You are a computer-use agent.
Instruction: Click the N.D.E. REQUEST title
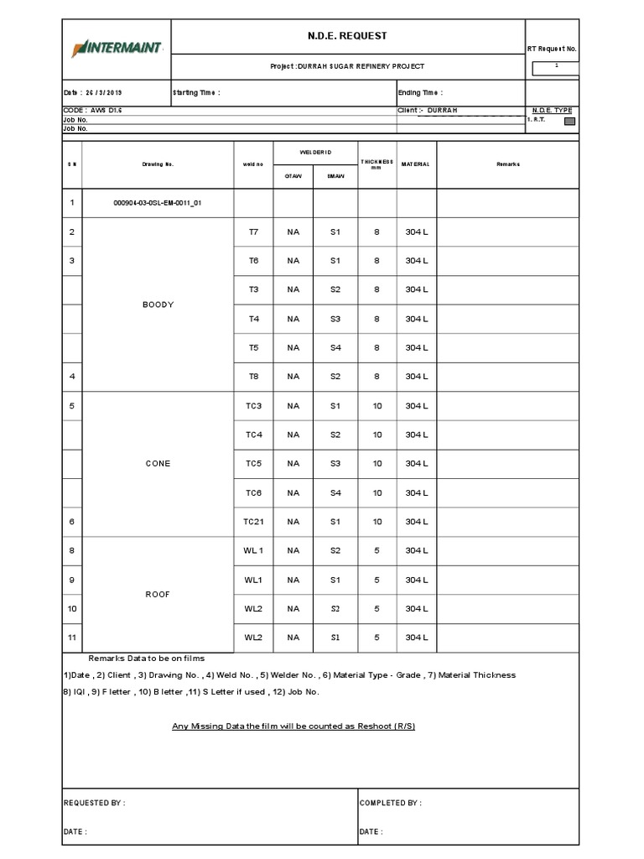(347, 36)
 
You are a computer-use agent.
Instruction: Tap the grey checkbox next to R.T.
(569, 121)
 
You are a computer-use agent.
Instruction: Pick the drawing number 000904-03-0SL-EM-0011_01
(158, 203)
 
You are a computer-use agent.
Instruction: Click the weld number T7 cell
(253, 232)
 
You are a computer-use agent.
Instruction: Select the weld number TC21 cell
(253, 522)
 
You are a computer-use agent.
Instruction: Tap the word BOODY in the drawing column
(158, 305)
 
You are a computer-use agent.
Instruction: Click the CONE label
(158, 464)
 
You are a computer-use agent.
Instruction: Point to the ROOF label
(158, 594)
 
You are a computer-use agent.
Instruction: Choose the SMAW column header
(335, 176)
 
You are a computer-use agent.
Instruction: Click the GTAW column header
(293, 176)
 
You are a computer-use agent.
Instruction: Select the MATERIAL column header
(416, 164)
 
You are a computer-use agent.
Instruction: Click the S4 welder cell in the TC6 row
(335, 493)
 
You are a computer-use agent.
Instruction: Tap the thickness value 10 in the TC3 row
(377, 406)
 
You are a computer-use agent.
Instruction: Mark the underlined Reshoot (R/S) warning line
(293, 726)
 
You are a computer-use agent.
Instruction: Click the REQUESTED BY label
(95, 803)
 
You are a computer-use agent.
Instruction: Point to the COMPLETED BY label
(391, 803)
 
